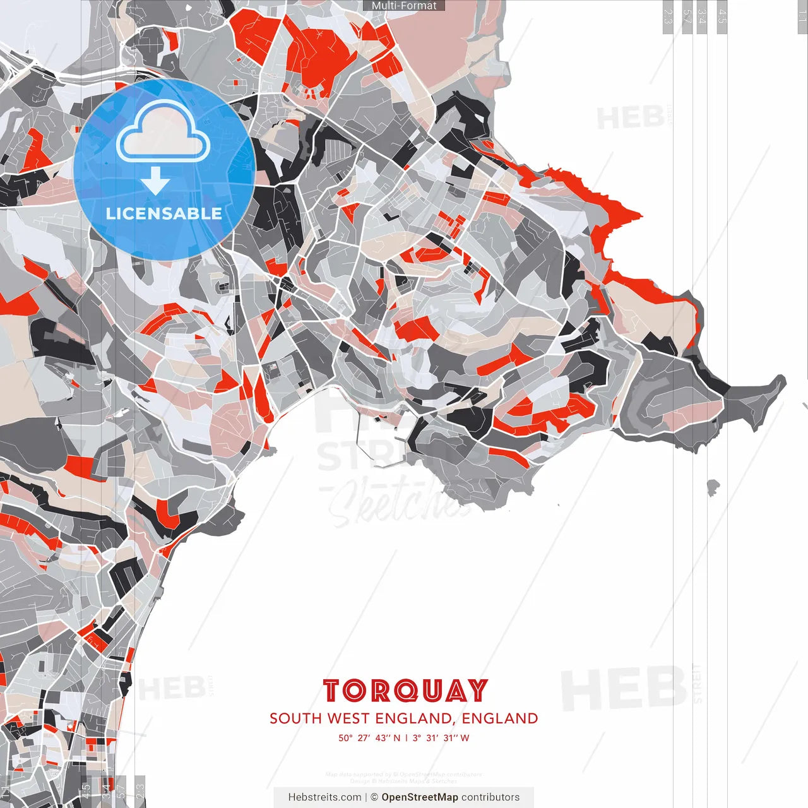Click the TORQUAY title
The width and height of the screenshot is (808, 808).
[405, 691]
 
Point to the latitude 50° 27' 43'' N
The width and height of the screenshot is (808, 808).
[369, 738]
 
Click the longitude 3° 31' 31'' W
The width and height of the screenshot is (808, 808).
[441, 738]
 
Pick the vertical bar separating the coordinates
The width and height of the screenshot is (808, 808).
[407, 738]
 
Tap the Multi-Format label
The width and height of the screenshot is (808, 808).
[404, 6]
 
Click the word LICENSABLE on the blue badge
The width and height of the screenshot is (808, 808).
[164, 213]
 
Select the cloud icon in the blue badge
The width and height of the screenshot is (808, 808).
[163, 133]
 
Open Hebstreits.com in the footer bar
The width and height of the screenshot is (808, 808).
[324, 797]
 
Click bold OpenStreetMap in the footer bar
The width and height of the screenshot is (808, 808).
[419, 797]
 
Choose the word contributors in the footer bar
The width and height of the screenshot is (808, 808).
[490, 797]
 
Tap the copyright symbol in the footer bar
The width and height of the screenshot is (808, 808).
[374, 797]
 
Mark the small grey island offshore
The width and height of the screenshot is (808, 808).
[713, 486]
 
